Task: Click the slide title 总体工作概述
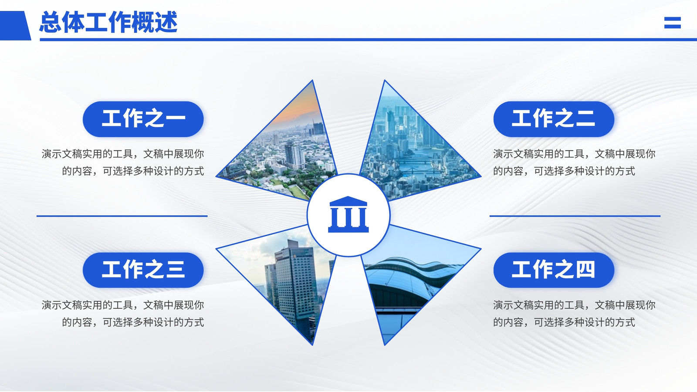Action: pos(108,22)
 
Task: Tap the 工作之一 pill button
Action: pos(143,119)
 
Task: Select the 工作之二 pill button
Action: pos(554,119)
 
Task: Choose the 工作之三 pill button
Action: pos(143,270)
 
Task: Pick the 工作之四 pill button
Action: pos(554,270)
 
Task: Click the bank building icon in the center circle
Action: pos(348,214)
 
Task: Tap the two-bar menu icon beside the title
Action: pos(673,22)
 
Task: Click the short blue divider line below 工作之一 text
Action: pos(122,216)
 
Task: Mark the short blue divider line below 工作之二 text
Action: pos(575,216)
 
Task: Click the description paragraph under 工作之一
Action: pos(123,162)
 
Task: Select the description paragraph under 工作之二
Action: pos(575,162)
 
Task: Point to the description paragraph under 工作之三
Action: pos(123,313)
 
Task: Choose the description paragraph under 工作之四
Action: pos(575,313)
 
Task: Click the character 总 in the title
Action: pos(51,22)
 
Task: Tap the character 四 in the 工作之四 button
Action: pos(585,270)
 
